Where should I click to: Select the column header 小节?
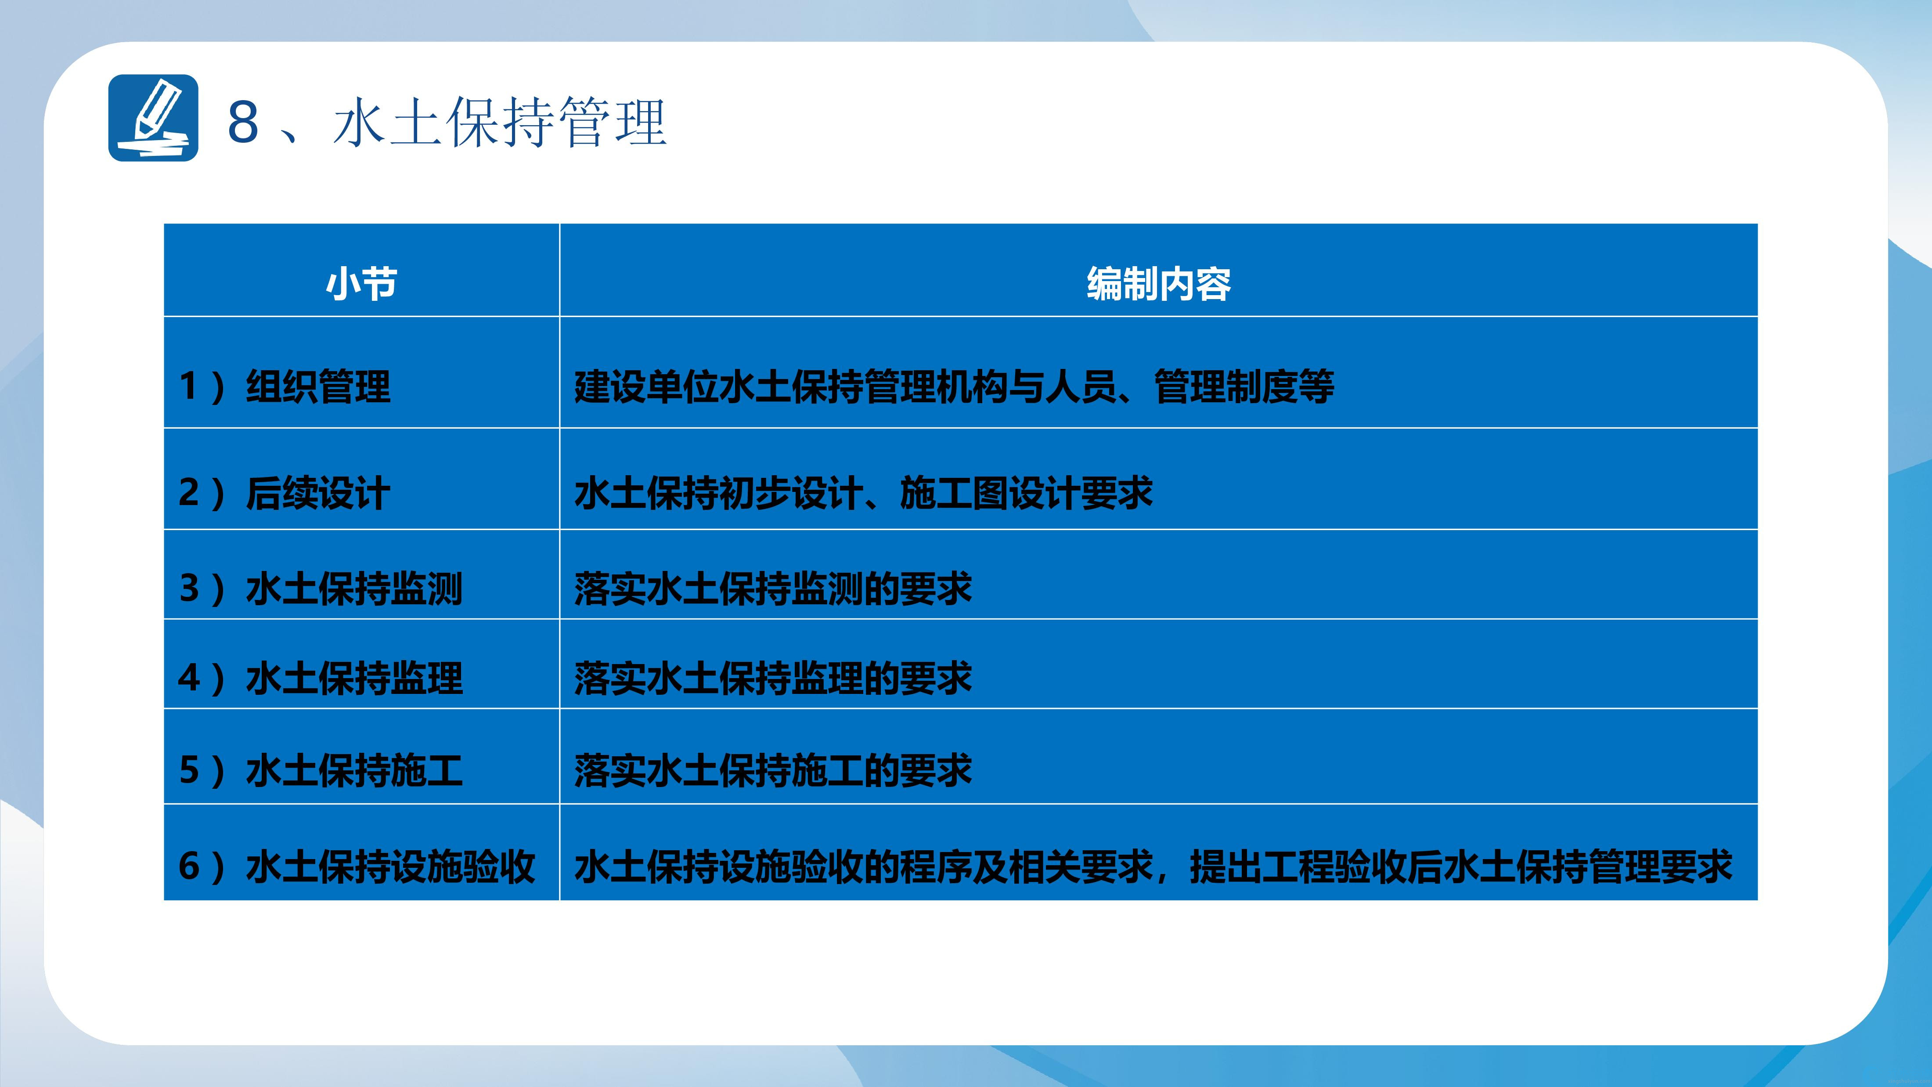pyautogui.click(x=361, y=284)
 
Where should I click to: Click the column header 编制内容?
pyautogui.click(x=1159, y=284)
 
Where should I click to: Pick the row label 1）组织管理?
pyautogui.click(x=284, y=387)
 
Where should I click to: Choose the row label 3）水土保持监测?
pyautogui.click(x=320, y=588)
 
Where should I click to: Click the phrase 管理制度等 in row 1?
pyautogui.click(x=1244, y=387)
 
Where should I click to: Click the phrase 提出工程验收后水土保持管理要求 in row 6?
pyautogui.click(x=1461, y=867)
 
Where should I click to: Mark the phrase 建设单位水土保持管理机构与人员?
pyautogui.click(x=845, y=387)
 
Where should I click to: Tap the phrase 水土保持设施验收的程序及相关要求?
pyautogui.click(x=863, y=867)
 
